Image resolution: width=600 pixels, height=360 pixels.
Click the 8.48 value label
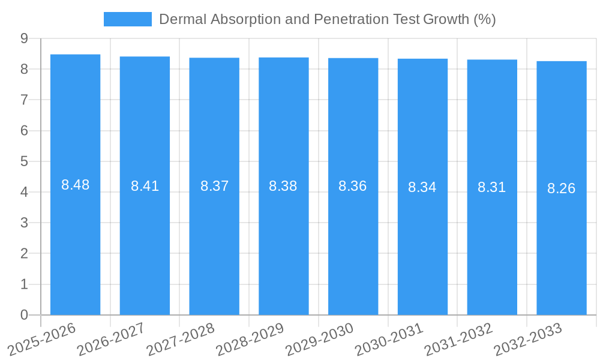pyautogui.click(x=75, y=185)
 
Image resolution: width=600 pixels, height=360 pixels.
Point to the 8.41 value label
pyautogui.click(x=145, y=187)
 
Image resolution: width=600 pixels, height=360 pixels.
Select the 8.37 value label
pyautogui.click(x=214, y=187)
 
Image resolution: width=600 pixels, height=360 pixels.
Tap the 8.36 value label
pyautogui.click(x=353, y=187)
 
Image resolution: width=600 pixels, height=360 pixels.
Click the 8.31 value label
pyautogui.click(x=491, y=188)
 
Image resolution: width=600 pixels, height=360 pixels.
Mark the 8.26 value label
pyautogui.click(x=561, y=189)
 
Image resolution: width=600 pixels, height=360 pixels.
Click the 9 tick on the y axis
pyautogui.click(x=25, y=38)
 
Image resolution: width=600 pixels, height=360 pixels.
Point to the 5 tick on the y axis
pyautogui.click(x=25, y=161)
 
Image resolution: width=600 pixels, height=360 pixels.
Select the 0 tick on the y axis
pyautogui.click(x=25, y=315)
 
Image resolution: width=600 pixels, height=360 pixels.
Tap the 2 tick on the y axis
pyautogui.click(x=25, y=254)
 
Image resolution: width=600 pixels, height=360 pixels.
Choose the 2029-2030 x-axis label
pyautogui.click(x=319, y=340)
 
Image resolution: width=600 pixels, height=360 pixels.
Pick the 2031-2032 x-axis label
pyautogui.click(x=458, y=340)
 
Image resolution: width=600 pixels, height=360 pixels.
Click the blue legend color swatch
pyautogui.click(x=128, y=19)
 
